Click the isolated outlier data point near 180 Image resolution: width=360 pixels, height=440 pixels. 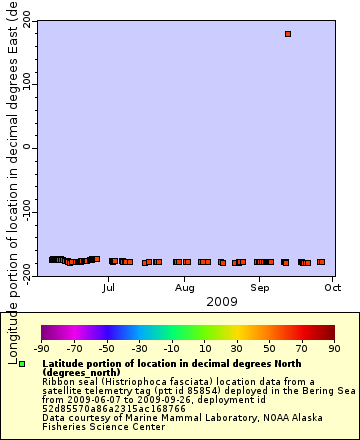point(288,34)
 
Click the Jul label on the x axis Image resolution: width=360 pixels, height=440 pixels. point(108,287)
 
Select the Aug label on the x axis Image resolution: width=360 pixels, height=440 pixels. point(184,287)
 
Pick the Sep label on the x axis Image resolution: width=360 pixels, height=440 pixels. point(260,287)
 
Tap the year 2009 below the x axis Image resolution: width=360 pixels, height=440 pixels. point(184,301)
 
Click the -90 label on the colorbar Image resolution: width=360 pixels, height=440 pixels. point(41,349)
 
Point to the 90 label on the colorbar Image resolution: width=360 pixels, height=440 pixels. point(333,349)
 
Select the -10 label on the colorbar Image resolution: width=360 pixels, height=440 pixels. point(170,349)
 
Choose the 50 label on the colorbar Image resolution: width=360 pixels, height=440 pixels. point(269,349)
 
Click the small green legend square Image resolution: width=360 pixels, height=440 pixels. point(22,365)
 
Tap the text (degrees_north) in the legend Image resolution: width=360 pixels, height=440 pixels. point(77,373)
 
